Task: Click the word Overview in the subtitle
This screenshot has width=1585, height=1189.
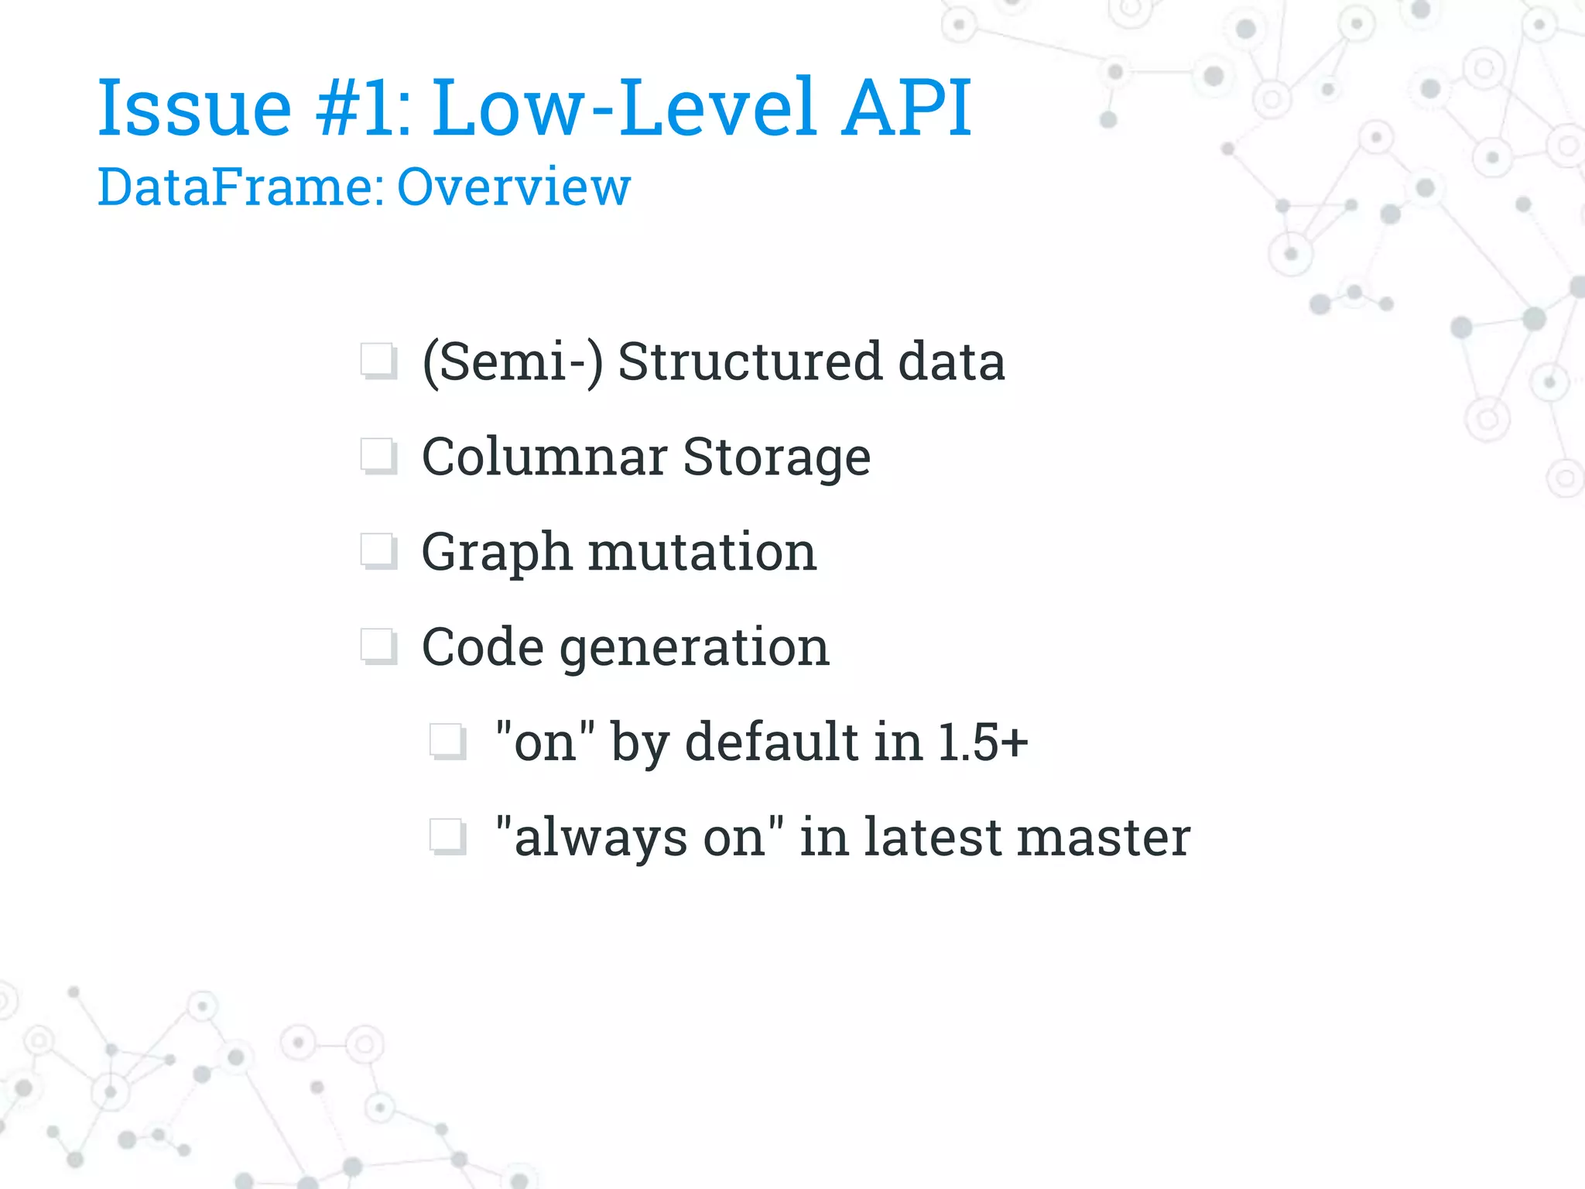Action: click(x=514, y=187)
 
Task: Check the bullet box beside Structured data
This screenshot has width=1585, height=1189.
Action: click(x=378, y=361)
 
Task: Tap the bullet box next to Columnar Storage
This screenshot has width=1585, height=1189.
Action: click(x=378, y=457)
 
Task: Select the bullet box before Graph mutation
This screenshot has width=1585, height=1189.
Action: click(x=378, y=552)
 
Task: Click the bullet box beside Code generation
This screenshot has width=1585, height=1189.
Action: click(x=378, y=647)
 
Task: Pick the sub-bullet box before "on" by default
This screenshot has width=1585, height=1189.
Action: click(x=447, y=742)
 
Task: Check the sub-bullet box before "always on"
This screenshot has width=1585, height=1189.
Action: click(x=447, y=838)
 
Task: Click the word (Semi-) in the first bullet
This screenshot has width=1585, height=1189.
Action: click(x=512, y=362)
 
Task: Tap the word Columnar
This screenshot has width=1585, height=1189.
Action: click(x=544, y=457)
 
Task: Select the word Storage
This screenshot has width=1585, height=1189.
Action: click(x=776, y=458)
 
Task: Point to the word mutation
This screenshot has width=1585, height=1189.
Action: click(x=702, y=552)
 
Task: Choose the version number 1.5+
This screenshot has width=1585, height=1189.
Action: click(x=983, y=742)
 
